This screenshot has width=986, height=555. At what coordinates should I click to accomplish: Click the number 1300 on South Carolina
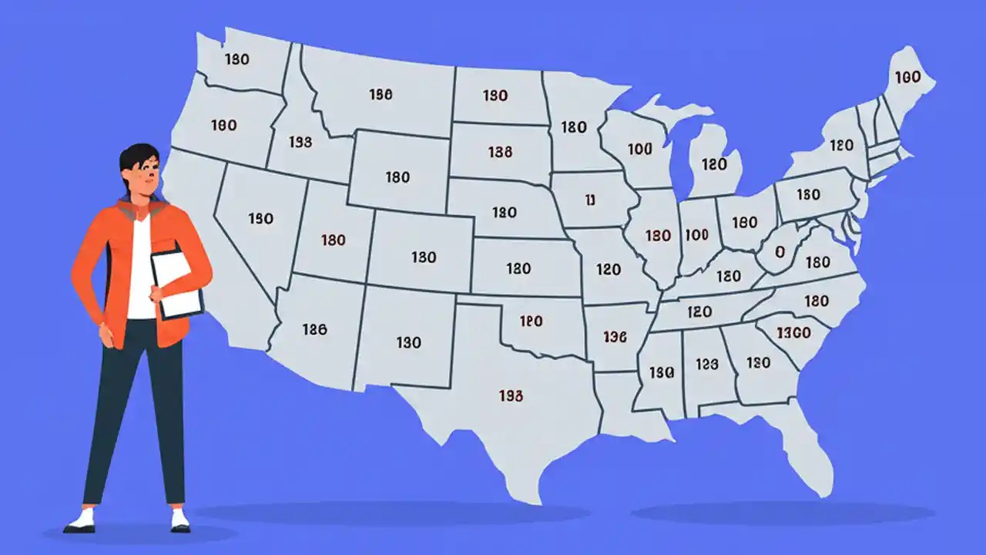[793, 332]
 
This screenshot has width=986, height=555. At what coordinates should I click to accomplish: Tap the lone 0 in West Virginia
[780, 251]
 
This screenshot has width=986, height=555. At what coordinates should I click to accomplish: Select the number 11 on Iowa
[590, 200]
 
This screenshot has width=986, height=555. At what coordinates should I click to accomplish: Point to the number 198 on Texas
[511, 395]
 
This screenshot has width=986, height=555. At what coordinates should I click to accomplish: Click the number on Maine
[907, 77]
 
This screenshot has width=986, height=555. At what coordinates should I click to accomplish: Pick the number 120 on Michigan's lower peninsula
[714, 164]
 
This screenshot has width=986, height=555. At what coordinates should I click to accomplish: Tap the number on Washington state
[236, 59]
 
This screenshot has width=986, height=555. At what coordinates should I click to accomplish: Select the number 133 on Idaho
[300, 142]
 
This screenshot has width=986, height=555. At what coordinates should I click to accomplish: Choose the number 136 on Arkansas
[615, 337]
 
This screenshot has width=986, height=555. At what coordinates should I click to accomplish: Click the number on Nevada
[260, 219]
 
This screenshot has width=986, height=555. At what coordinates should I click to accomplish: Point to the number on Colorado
[424, 257]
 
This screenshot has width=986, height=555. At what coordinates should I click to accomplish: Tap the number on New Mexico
[408, 342]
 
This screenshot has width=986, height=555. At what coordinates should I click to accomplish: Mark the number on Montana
[381, 94]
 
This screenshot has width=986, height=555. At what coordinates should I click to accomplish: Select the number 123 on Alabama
[706, 365]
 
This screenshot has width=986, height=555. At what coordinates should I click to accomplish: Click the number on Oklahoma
[531, 321]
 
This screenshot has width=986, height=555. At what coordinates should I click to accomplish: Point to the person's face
[145, 179]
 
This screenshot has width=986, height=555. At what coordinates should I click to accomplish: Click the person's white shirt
[140, 270]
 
